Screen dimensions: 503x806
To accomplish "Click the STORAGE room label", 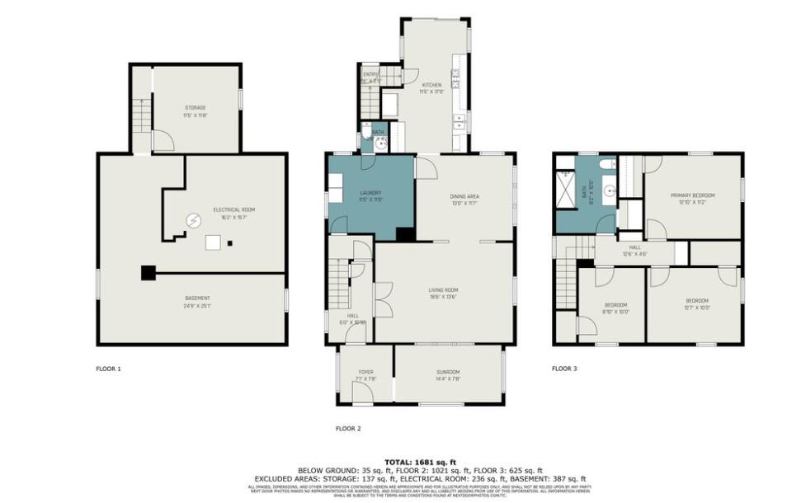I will tap(196, 108).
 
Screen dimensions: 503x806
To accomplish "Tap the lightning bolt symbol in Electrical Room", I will tap(194, 221).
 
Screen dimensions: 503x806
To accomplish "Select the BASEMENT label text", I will tap(197, 299).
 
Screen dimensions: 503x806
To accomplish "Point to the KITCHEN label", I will tap(431, 85).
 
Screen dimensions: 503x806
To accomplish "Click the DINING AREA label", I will tap(464, 196).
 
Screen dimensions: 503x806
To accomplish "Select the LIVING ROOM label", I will tap(442, 290).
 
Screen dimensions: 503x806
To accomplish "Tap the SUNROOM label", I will tap(448, 373).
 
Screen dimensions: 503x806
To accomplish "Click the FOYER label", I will tap(366, 373).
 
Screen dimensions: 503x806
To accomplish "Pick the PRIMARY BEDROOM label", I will tap(696, 195).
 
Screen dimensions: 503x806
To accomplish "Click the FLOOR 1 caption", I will tap(108, 369).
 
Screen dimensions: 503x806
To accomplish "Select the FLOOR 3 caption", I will tap(564, 369).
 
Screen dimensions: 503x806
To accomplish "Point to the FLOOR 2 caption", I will tap(347, 428).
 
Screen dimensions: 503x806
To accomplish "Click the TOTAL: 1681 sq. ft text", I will tap(421, 462).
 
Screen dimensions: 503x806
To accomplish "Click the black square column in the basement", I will tap(148, 273).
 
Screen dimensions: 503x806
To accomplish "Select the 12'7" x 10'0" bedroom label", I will tap(698, 305).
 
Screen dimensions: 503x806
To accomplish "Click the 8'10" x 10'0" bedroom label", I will tap(615, 308).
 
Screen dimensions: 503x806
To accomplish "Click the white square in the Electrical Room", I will tap(214, 242).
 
